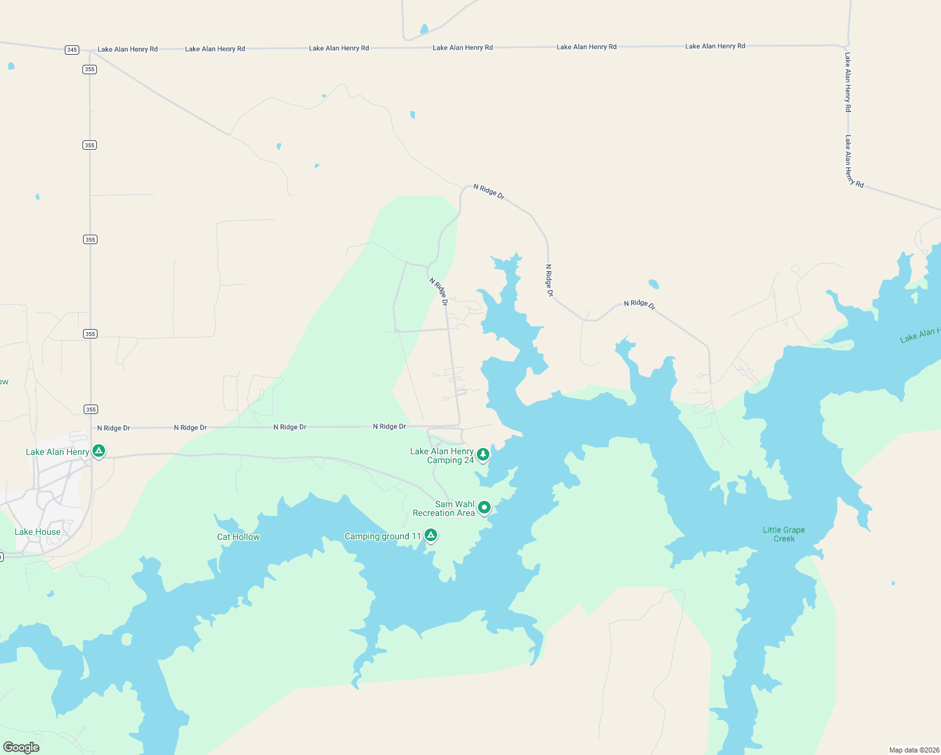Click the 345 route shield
pos(72,50)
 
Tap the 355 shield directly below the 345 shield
pos(89,69)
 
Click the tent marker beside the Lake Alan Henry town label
pos(98,450)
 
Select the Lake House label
pos(38,532)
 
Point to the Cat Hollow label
pos(238,537)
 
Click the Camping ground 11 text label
pos(382,536)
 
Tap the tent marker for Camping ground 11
pos(430,535)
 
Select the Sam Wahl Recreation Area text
pos(443,508)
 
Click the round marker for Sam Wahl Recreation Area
pos(484,507)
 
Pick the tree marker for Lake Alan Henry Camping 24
pos(482,454)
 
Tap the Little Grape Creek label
pos(784,534)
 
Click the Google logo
pos(21,747)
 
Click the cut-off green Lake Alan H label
pos(920,335)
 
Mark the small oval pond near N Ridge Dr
pos(654,284)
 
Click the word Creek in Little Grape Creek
pos(784,539)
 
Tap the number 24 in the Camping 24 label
pos(469,460)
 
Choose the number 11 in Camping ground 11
pos(416,536)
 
